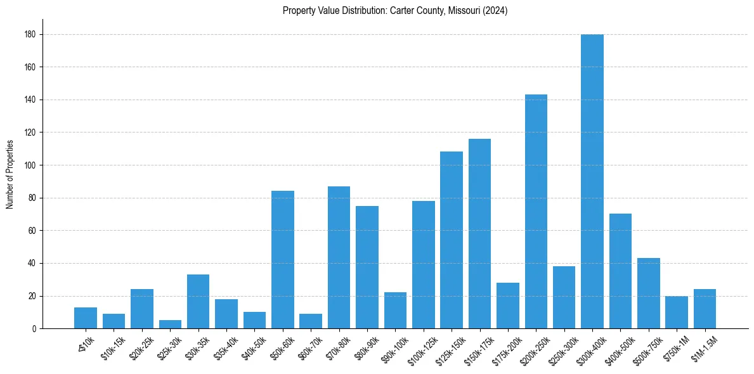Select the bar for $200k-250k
coord(536,212)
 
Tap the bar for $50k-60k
coord(283,260)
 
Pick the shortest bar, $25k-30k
coord(170,325)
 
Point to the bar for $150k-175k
coord(479,234)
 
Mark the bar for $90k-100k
coord(395,311)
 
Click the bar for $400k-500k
coord(620,271)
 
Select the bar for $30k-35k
coord(198,302)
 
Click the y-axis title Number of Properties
coord(10,174)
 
